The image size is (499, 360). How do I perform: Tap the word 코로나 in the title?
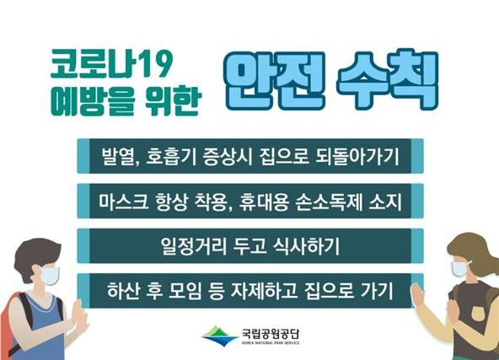pos(94,64)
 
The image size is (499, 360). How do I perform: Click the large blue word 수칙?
pos(388,80)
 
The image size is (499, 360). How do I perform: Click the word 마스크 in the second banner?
pos(123,201)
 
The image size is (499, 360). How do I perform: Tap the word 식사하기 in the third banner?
pos(307,245)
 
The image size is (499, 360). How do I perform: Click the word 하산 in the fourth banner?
pos(123,291)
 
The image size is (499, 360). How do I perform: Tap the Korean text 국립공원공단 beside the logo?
pos(271,333)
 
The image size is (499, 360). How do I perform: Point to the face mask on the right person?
pos(459,268)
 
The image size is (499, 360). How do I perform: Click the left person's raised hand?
pos(79,315)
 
